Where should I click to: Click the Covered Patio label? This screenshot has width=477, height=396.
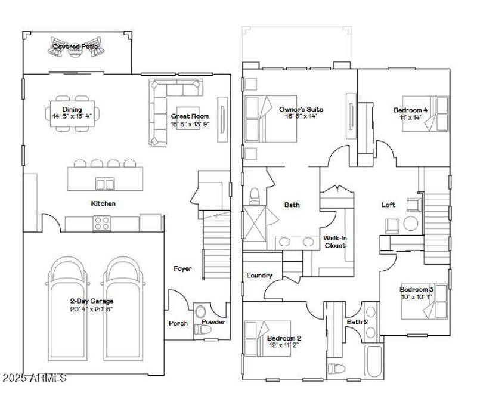pos(75,46)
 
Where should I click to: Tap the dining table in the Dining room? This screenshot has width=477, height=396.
pos(73,113)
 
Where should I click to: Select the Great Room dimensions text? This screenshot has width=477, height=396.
pos(190,124)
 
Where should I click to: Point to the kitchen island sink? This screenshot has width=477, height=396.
pos(105,184)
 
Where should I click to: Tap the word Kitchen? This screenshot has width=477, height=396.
pos(103,203)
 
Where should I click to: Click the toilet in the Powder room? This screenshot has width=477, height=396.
pos(200,313)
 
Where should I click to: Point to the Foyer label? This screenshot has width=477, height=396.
pos(182,269)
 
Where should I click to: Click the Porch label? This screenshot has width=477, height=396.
pos(178,323)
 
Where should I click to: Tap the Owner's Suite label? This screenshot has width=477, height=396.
pos(301,109)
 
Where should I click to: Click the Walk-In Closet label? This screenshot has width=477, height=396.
pos(335,242)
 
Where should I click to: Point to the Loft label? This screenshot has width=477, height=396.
pos(388,205)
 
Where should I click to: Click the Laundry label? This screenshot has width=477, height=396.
pos(259,276)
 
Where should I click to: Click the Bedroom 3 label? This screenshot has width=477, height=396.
pos(416,289)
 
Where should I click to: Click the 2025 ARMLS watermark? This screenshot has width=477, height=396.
pos(34,378)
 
